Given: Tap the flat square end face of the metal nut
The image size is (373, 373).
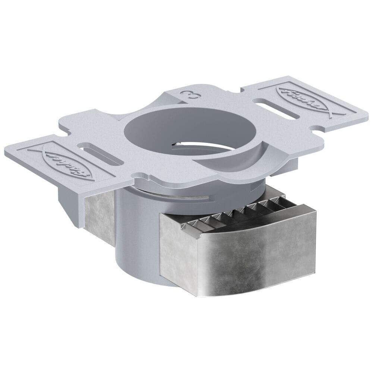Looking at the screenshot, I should point(177,250).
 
